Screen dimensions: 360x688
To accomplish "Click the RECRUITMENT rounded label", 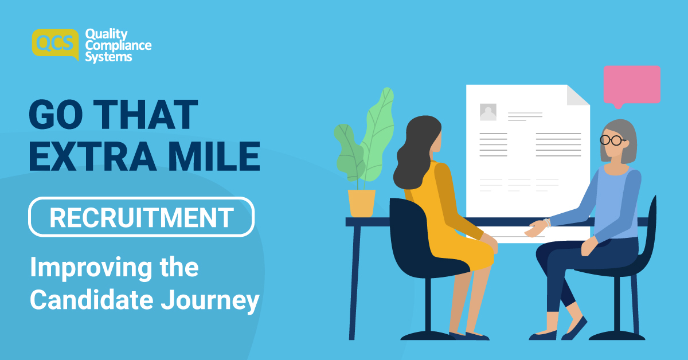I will pyautogui.click(x=141, y=217).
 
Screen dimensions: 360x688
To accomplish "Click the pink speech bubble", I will pyautogui.click(x=631, y=85).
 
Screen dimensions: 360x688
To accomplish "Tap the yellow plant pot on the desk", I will pyautogui.click(x=361, y=203).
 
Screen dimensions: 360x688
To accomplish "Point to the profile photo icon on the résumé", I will pyautogui.click(x=488, y=112).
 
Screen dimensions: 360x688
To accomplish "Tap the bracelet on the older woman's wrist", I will pyautogui.click(x=548, y=222).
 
